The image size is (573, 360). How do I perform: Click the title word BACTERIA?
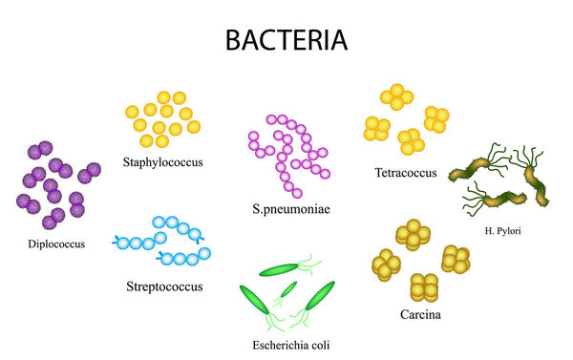click(x=286, y=40)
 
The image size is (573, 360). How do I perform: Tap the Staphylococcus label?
click(x=163, y=161)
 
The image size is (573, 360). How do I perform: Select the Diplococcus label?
click(x=56, y=244)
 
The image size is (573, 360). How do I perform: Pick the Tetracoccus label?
click(x=406, y=173)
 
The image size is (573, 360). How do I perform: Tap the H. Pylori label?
click(x=502, y=230)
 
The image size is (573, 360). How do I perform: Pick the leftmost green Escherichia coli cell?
click(x=255, y=301)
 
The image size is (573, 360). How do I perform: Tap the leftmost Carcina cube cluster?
click(x=388, y=265)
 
